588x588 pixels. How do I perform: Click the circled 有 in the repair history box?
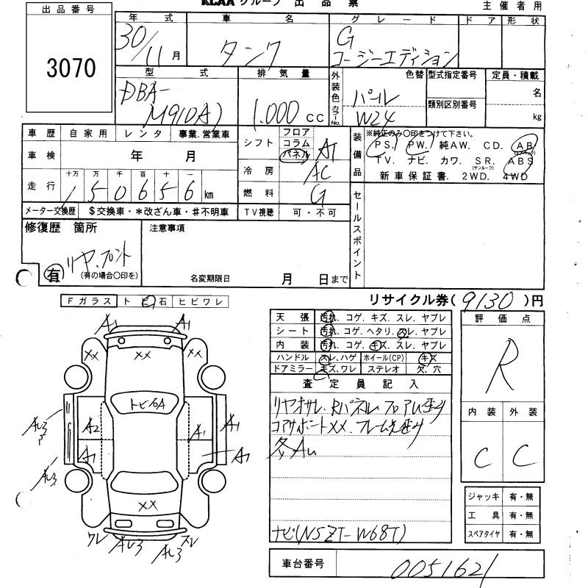(54, 274)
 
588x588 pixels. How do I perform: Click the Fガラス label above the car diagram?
(89, 301)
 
